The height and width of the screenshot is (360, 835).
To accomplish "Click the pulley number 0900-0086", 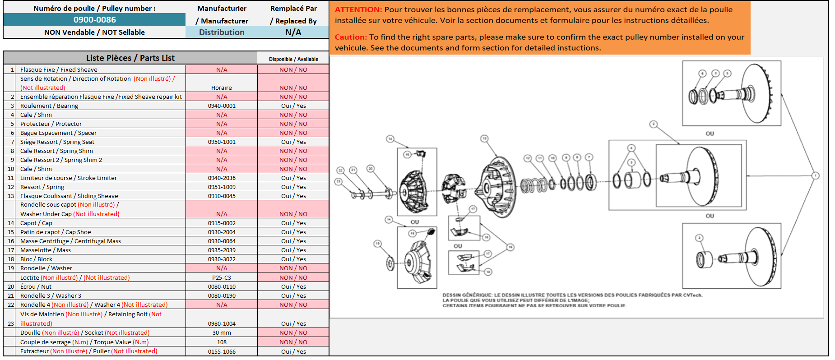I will (x=94, y=20).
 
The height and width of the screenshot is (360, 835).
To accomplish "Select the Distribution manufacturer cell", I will (x=222, y=32).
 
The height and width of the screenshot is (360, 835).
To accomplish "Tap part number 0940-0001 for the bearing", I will (x=222, y=106).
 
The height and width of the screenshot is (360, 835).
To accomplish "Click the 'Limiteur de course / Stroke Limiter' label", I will (x=68, y=178).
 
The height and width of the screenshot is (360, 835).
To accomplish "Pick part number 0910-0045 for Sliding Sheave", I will (x=222, y=196).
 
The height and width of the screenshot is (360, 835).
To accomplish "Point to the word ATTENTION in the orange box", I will (x=358, y=9).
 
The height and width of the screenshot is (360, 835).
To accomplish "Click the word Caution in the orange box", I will (x=351, y=37).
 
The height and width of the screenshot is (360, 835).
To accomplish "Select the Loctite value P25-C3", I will (x=222, y=278).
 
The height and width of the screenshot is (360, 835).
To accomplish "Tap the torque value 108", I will (x=222, y=342).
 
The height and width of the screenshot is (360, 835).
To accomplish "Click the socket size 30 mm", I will (x=222, y=333).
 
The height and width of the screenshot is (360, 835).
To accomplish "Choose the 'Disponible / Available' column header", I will (x=293, y=59).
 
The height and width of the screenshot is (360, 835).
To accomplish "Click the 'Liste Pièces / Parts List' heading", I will (x=130, y=58).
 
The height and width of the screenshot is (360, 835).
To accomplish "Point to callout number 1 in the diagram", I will (x=815, y=175).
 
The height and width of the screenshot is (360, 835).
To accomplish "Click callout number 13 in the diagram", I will (x=484, y=138).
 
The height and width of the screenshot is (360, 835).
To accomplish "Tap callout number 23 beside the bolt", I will (x=339, y=181).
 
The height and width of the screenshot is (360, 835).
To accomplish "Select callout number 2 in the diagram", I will (x=653, y=124).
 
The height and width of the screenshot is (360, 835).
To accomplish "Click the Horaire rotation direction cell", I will (x=222, y=88).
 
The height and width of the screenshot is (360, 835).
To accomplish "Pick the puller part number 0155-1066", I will (x=222, y=352).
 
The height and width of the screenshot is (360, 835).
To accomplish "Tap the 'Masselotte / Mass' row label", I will (x=46, y=250).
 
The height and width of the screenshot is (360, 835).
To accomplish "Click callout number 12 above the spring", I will (x=527, y=158).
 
